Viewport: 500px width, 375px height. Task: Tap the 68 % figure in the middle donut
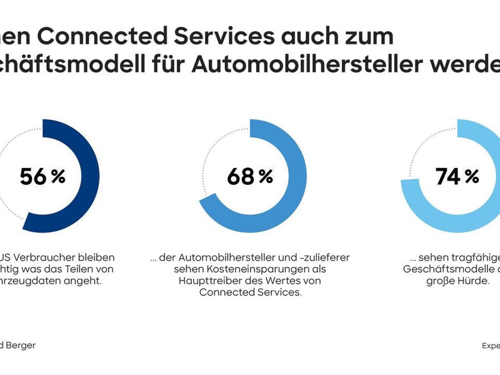click(x=250, y=177)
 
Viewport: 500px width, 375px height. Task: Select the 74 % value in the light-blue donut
click(x=457, y=177)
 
